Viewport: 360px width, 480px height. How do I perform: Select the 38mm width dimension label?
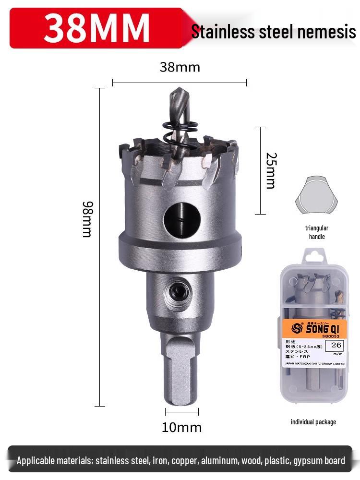click(x=180, y=67)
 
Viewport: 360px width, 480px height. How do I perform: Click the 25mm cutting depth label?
click(x=271, y=170)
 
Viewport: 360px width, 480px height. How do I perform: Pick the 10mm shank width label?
click(x=181, y=427)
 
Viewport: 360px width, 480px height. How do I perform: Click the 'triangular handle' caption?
click(x=316, y=232)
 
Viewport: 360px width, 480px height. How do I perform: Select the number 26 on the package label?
click(x=336, y=345)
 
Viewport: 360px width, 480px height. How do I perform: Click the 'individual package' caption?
click(x=313, y=422)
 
